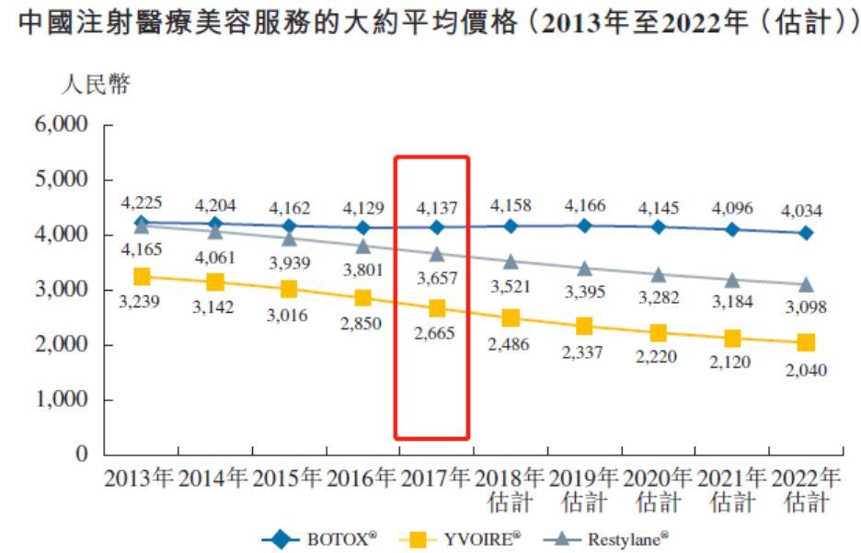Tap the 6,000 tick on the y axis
(62, 125)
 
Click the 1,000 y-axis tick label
(62, 400)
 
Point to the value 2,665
(437, 334)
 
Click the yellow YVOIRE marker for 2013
(141, 276)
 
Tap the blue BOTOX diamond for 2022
(806, 233)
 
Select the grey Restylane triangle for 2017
(437, 253)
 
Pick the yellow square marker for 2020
(658, 333)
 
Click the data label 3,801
(362, 270)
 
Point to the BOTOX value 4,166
(584, 205)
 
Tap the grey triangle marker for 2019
(584, 268)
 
